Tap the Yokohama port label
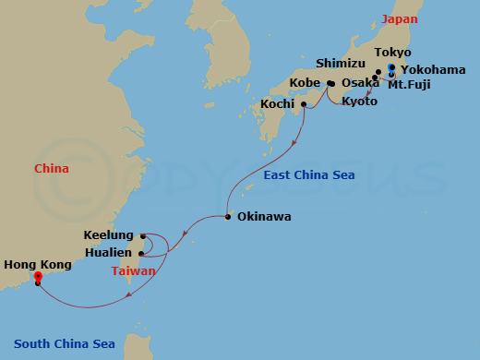point(426,69)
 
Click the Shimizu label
point(341,64)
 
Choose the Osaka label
point(359,83)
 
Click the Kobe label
point(305,83)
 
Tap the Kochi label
point(278,103)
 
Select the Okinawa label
point(264,218)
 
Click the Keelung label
point(108,235)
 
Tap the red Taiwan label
point(136,271)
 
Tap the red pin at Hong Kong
point(38,275)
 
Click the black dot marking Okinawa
point(228,218)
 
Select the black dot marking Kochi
point(304,103)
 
